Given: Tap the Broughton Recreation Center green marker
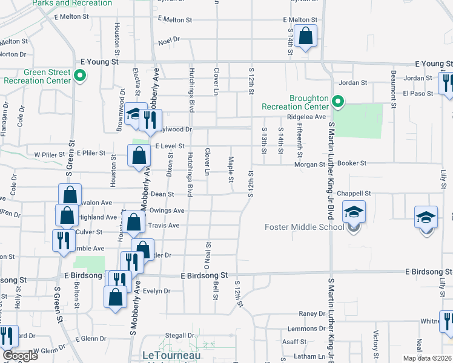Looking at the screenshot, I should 339,100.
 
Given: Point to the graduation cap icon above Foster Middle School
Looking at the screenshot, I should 354,212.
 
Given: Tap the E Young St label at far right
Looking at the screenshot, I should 433,64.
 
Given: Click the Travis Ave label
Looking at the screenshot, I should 165,226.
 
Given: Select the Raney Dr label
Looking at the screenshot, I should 312,314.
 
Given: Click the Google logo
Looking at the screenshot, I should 20,356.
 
